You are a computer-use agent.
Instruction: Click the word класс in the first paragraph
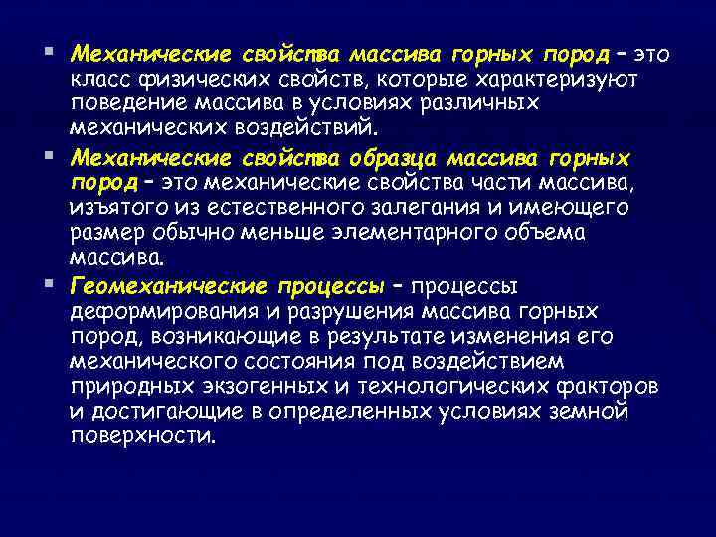(x=97, y=78)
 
